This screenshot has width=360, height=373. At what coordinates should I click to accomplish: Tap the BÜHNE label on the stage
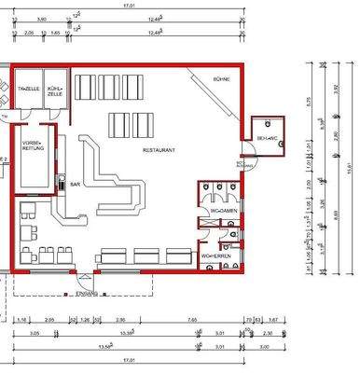(221, 81)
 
